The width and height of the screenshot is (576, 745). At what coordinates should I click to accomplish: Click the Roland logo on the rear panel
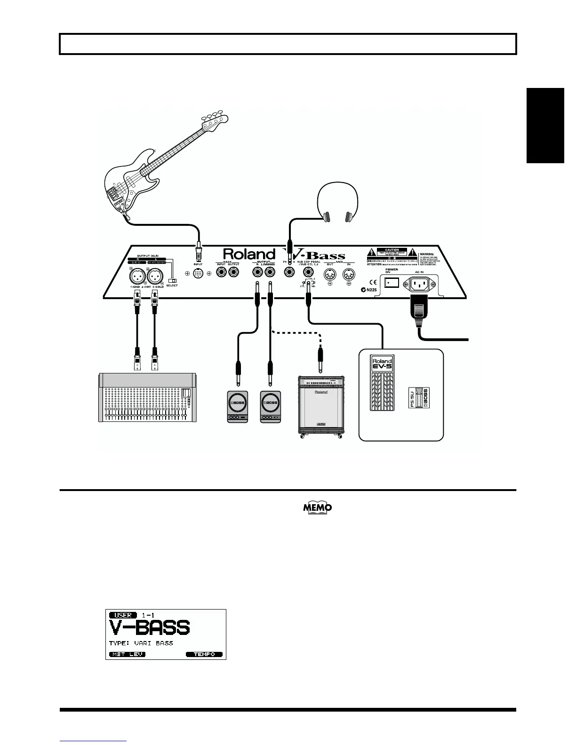(x=249, y=254)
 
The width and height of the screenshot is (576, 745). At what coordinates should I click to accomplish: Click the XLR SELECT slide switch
(x=172, y=281)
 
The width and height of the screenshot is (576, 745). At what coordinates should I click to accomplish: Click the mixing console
(x=147, y=397)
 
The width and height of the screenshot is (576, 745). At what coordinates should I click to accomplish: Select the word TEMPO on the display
(x=204, y=654)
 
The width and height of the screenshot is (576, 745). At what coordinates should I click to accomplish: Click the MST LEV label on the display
(x=127, y=654)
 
